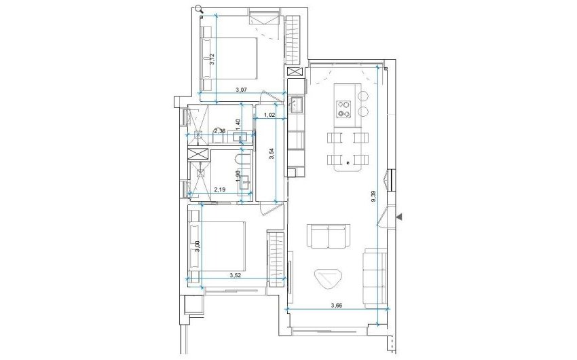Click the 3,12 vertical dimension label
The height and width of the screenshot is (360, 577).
click(x=212, y=58)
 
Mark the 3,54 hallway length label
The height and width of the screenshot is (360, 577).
click(x=271, y=154)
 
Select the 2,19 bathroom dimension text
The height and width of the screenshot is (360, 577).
click(x=220, y=190)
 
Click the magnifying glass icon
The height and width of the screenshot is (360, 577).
click(x=198, y=8)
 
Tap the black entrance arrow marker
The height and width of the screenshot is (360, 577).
click(x=400, y=216)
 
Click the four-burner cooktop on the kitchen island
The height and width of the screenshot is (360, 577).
click(x=343, y=109)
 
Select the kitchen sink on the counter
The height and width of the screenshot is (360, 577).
click(x=296, y=105)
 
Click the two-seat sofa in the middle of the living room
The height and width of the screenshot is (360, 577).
click(x=329, y=236)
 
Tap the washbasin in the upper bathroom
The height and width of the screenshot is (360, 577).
click(x=240, y=137)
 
